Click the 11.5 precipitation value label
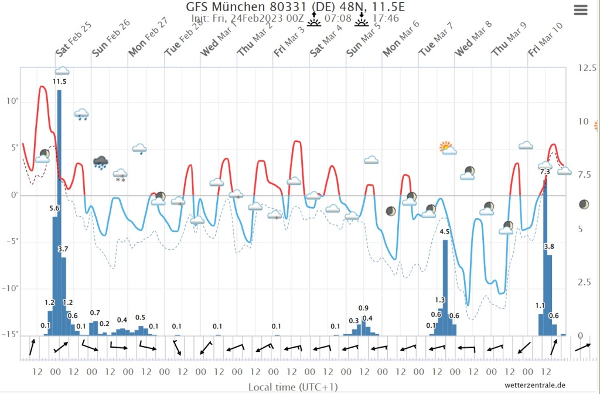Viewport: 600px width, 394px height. [x=60, y=81]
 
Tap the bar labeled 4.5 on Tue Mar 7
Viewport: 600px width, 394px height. [x=445, y=287]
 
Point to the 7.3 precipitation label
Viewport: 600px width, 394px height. [x=544, y=171]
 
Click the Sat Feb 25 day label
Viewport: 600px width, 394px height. [x=74, y=43]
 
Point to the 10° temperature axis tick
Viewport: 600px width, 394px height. [x=12, y=101]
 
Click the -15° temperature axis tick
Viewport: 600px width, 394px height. [x=12, y=335]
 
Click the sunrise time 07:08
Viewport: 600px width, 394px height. [x=337, y=19]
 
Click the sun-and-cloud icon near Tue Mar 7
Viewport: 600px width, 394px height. [x=448, y=148]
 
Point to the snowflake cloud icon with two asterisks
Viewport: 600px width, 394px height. [x=121, y=175]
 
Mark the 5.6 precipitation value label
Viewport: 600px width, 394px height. [x=54, y=208]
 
